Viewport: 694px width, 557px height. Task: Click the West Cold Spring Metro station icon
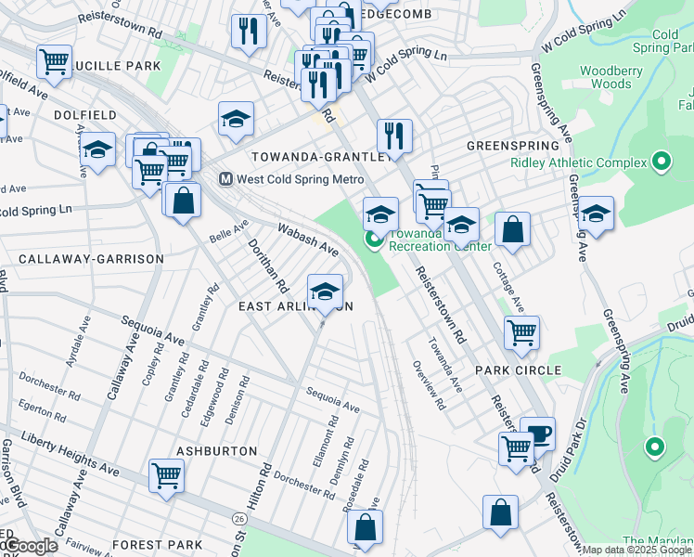click(x=225, y=179)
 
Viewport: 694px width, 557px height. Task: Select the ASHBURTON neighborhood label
click(x=216, y=450)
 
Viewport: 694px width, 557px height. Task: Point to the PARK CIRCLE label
click(x=519, y=370)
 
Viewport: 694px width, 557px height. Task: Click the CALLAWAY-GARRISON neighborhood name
click(x=91, y=259)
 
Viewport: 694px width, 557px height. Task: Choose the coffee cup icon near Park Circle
click(x=537, y=433)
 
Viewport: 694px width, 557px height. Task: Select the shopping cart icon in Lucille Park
click(x=54, y=62)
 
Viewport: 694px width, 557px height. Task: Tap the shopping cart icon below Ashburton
click(x=167, y=476)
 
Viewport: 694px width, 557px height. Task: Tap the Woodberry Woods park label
click(x=605, y=77)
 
